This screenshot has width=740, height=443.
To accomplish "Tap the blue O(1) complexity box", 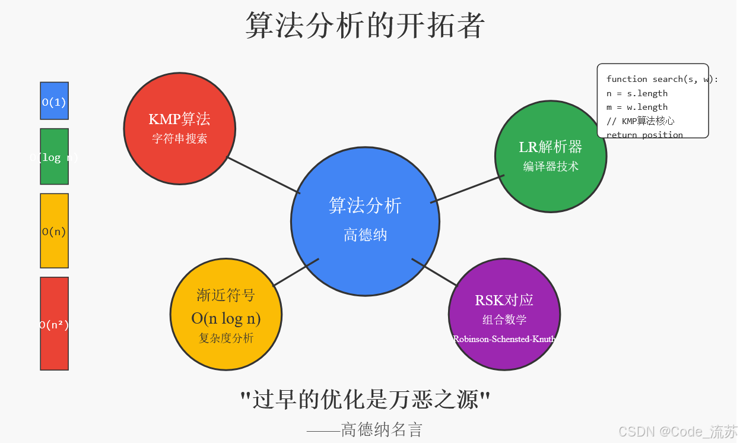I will [54, 102].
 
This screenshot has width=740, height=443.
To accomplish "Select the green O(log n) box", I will [54, 157].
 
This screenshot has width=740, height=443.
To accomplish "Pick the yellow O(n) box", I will [54, 231].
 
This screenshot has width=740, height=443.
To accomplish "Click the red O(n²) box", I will [54, 324].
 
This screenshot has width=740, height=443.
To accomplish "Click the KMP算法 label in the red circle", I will [179, 119].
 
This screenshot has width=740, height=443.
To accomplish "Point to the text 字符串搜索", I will [179, 139].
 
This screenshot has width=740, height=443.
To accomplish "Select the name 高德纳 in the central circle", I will [365, 235].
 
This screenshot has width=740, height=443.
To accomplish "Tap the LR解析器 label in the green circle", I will [550, 147].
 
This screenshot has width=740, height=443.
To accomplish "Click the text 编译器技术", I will [550, 167].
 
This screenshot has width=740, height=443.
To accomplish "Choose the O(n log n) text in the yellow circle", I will [226, 318].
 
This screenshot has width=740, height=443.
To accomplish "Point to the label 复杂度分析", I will [226, 338].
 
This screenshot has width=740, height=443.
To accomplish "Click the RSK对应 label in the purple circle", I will [504, 300].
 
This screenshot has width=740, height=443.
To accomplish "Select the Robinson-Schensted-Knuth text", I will [504, 339].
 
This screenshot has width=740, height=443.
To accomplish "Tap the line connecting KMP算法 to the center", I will [264, 175].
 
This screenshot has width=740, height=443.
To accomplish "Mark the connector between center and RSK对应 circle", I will [434, 272].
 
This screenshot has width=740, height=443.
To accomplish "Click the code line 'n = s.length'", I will [637, 93].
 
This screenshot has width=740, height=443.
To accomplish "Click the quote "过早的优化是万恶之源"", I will [365, 400].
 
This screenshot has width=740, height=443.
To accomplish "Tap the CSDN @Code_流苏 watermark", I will [677, 432].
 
